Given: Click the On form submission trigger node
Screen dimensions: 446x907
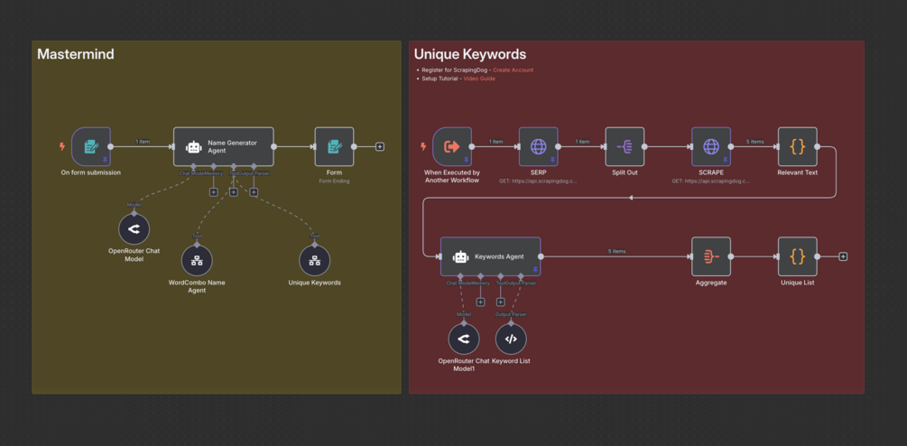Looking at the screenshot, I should (x=91, y=146).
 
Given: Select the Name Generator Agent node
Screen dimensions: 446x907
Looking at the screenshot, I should (x=223, y=146).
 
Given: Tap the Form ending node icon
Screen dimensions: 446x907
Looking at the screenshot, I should (x=334, y=146).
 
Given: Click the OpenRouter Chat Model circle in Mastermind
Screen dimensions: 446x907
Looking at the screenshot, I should (x=134, y=229).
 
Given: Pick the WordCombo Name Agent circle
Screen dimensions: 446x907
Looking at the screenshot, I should (x=197, y=261).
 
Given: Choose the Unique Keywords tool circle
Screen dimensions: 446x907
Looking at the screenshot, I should (x=314, y=261).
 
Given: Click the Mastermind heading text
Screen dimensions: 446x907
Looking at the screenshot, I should (x=76, y=54).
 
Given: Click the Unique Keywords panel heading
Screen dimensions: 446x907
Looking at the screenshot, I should (x=469, y=54).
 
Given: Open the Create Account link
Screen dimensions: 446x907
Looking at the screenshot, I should (x=513, y=70).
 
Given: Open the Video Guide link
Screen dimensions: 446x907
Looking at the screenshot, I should (x=478, y=79).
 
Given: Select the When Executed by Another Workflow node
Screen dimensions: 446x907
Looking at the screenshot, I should (x=452, y=146).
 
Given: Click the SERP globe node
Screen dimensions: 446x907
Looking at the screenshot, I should (x=539, y=146).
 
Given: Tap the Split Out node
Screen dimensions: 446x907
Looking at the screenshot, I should (x=625, y=146).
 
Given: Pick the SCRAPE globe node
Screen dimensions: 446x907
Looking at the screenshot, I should (x=711, y=146).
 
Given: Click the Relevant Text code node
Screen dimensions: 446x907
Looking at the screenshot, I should (x=797, y=146).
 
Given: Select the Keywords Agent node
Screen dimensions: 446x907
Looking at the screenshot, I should (x=490, y=256).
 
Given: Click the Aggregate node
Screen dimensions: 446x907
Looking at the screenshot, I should (x=711, y=256).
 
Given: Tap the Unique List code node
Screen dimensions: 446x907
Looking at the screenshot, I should (x=797, y=256).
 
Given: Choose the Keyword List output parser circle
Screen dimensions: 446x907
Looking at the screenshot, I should (x=511, y=339).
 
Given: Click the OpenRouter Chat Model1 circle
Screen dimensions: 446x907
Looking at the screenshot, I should (x=464, y=339).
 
